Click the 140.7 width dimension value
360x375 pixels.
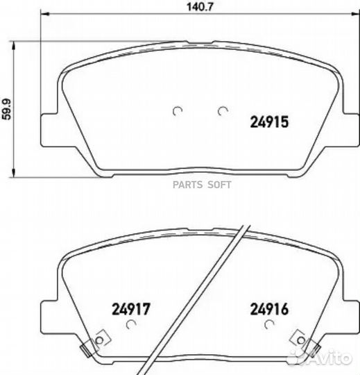click(x=199, y=7)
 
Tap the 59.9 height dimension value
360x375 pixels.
click(x=6, y=109)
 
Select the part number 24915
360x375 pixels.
click(x=269, y=122)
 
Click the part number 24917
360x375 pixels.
click(x=131, y=309)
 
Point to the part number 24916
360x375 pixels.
click(x=269, y=309)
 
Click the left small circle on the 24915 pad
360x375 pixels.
click(x=178, y=110)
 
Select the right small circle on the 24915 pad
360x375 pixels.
click(x=222, y=110)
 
